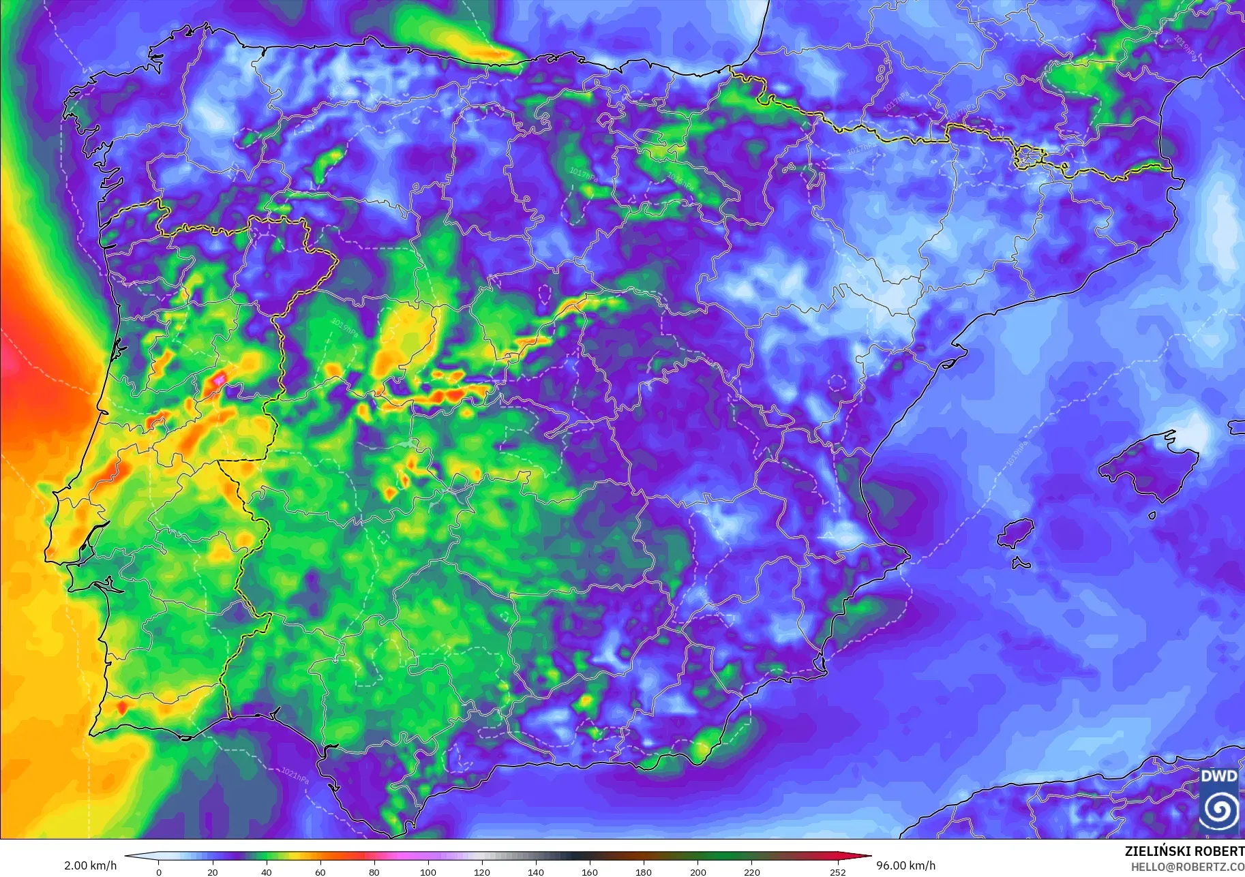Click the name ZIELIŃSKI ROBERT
1184,851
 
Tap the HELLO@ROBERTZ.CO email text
1187,867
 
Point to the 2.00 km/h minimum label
90,865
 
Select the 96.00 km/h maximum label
905,865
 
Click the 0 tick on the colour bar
159,872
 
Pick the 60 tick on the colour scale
320,872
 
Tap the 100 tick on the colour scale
428,872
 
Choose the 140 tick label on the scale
536,872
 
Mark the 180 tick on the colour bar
644,872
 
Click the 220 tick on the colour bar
751,872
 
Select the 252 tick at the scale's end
838,872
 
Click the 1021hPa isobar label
295,775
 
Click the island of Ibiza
1016,533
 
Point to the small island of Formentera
1021,564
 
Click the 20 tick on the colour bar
213,872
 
